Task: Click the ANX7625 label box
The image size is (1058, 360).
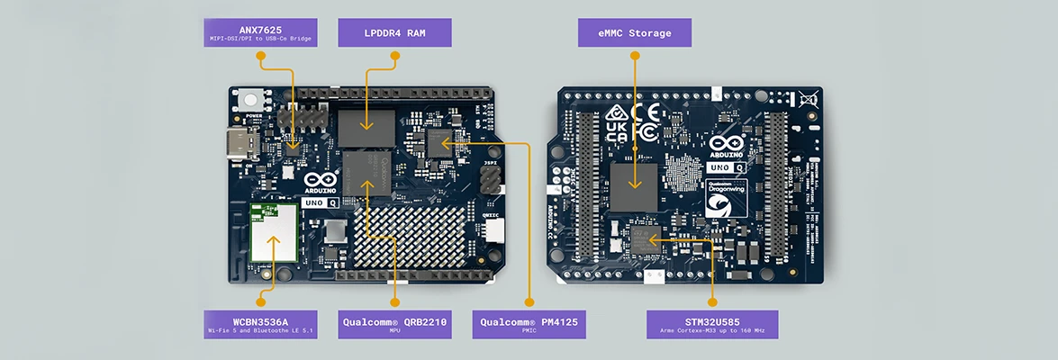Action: coord(260,32)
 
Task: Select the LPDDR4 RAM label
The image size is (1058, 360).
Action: coord(394,33)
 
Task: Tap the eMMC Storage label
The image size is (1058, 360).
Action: coord(635,33)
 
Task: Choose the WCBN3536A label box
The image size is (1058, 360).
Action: coord(259,324)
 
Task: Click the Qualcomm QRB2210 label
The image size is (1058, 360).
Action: coord(394,324)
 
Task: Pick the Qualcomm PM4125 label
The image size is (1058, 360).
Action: coord(529,324)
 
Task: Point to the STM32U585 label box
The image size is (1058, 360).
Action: coord(712,324)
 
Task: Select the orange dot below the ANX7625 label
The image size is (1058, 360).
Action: coord(260,56)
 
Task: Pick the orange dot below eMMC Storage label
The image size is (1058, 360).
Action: coord(635,56)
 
